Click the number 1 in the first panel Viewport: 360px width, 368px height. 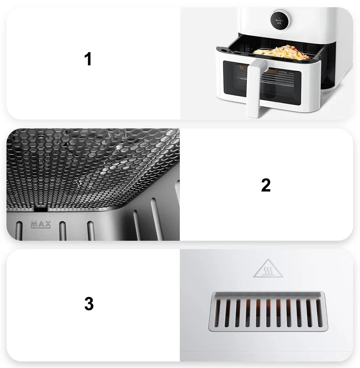(88, 60)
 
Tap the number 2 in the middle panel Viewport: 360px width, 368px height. (266, 185)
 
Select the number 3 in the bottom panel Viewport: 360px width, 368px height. (89, 304)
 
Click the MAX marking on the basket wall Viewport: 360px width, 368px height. (41, 224)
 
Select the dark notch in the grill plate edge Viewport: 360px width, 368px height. (40, 209)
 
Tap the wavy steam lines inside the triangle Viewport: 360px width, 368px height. (268, 271)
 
